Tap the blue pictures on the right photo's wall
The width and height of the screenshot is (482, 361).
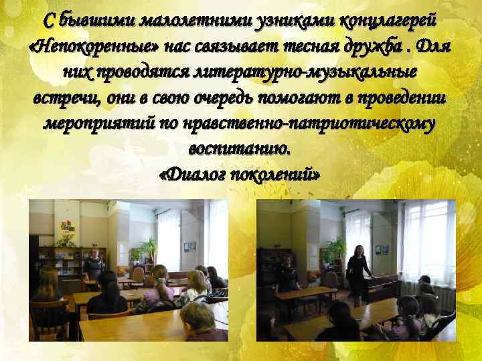pyautogui.click(x=382, y=249)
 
